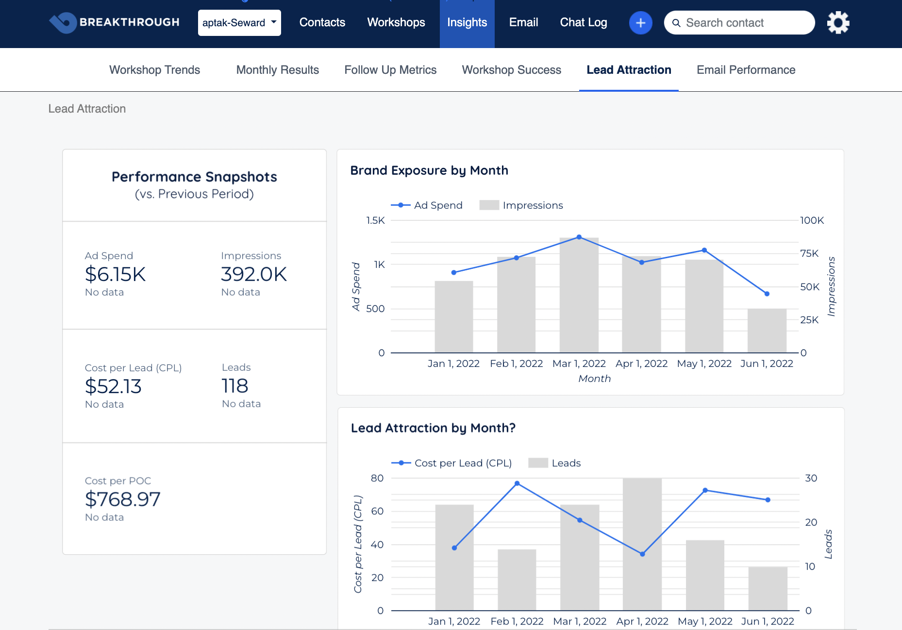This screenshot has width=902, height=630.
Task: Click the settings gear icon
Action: click(x=838, y=22)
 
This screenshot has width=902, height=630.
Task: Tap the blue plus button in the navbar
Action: click(x=640, y=23)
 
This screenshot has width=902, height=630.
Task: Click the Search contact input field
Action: click(x=743, y=23)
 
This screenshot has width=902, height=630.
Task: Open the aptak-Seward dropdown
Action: click(x=239, y=23)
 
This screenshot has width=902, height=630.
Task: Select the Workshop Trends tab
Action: click(x=154, y=70)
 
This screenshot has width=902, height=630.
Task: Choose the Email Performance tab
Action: click(x=746, y=70)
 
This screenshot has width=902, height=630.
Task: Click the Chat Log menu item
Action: click(x=583, y=22)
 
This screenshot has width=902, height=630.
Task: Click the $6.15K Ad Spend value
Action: click(x=115, y=274)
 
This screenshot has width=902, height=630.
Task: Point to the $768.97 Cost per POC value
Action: click(x=122, y=499)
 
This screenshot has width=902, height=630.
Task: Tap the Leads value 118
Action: click(x=235, y=386)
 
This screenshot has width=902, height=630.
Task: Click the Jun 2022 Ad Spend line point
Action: click(x=767, y=294)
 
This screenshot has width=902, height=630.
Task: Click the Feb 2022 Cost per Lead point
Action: click(x=517, y=483)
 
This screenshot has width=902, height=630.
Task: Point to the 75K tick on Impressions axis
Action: click(x=809, y=253)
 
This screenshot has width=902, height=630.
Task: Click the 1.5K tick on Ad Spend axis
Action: click(x=375, y=221)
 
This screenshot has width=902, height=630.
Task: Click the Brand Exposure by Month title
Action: click(x=429, y=170)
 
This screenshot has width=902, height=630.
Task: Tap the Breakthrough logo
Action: click(x=115, y=22)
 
